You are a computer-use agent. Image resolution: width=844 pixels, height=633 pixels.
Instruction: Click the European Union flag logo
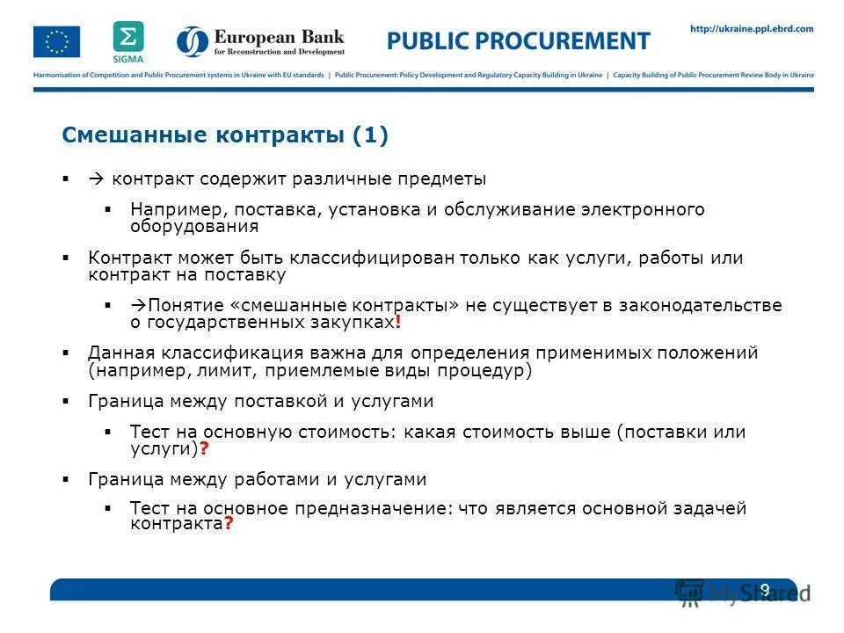[x=56, y=41]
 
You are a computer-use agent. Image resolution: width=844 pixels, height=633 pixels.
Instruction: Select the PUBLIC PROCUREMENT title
[x=519, y=40]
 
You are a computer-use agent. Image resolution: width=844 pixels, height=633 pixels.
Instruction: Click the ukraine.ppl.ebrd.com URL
[x=752, y=29]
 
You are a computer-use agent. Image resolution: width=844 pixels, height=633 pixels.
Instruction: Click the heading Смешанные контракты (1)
[x=224, y=135]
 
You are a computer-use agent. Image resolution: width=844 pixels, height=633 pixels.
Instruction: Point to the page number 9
[x=764, y=588]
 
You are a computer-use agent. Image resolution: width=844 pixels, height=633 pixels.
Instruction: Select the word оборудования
[x=194, y=226]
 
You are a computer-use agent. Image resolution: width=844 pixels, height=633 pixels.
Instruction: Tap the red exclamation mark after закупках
[x=398, y=323]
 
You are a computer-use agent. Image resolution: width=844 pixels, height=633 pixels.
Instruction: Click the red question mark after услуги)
[x=204, y=448]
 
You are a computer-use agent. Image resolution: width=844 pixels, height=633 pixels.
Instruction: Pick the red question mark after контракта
[x=229, y=524]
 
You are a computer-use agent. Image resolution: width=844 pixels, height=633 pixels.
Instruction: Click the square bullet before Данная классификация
[x=66, y=353]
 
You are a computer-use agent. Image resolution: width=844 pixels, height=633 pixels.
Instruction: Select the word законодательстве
[x=699, y=306]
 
